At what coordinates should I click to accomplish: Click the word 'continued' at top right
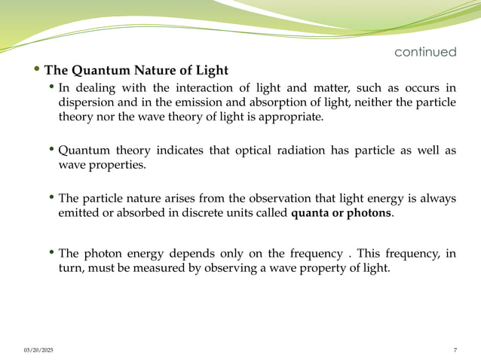pos(425,52)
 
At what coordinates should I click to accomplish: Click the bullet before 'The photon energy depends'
pos(52,253)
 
